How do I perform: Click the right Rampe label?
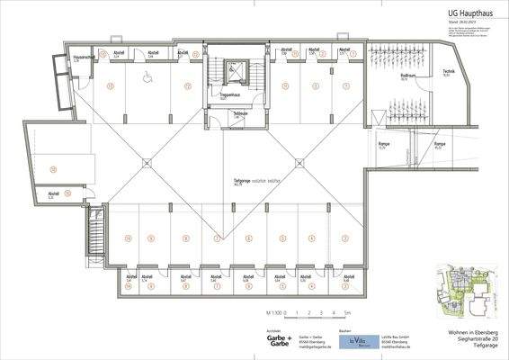[x=440, y=144]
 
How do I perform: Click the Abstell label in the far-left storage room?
[x=53, y=192]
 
